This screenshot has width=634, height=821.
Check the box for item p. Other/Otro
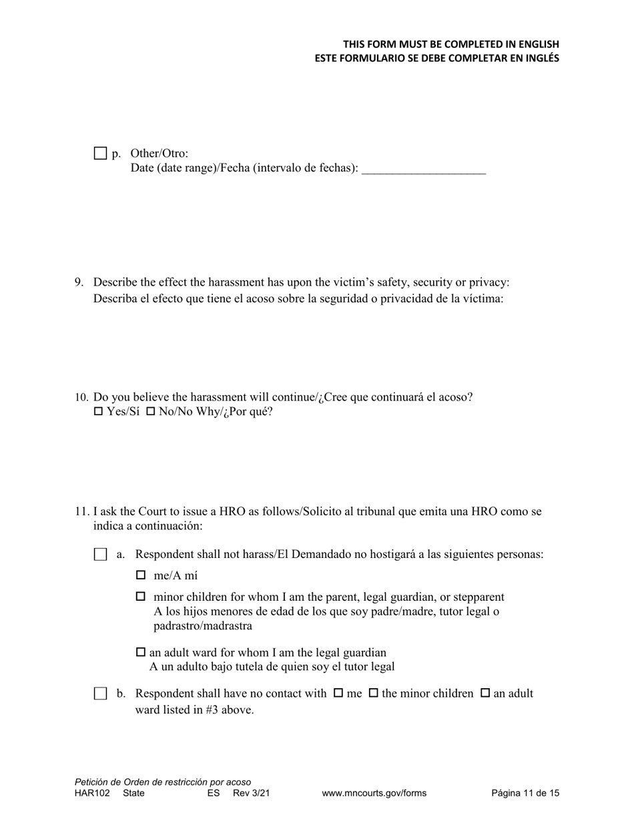(100, 154)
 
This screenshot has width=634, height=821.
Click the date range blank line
(423, 169)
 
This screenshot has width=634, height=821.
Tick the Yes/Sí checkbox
(99, 412)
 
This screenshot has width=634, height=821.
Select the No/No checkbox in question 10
(151, 412)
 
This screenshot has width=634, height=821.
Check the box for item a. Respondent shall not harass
(100, 555)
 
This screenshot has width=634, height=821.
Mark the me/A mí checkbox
(141, 575)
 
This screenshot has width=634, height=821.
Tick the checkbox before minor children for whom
(141, 597)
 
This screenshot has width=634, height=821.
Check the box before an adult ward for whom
(141, 652)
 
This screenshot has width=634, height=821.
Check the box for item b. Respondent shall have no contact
(100, 694)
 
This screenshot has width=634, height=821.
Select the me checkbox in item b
(338, 694)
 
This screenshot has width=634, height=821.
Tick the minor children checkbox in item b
(374, 694)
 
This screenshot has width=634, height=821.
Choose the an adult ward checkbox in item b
(485, 694)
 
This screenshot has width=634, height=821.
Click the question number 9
(79, 282)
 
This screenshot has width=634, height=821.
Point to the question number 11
(81, 512)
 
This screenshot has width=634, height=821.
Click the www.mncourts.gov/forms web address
(374, 794)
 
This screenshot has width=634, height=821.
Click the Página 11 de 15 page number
(525, 794)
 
